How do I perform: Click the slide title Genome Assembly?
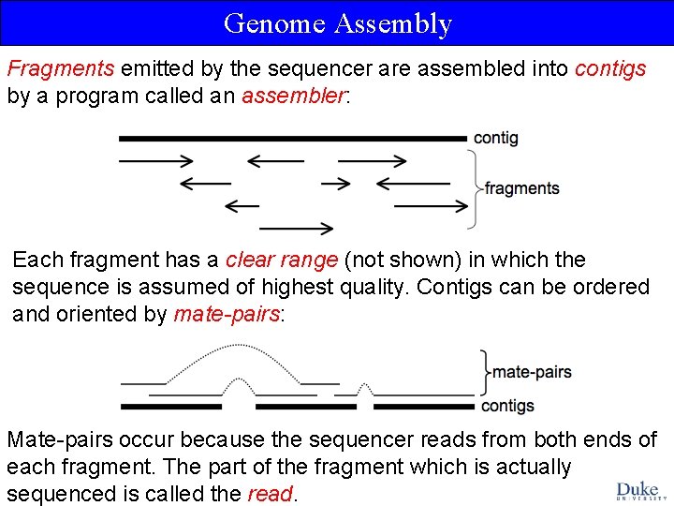coord(337,23)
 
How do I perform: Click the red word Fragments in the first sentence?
coord(60,68)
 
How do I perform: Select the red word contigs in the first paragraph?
coord(609,68)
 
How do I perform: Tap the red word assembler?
coord(293,96)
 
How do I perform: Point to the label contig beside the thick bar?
coord(495,138)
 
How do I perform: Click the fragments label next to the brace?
coord(522,188)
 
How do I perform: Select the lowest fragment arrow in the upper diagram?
coord(297,227)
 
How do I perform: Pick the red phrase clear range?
coord(283,260)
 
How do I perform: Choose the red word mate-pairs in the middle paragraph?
coord(226,314)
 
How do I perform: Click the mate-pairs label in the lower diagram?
coord(532,372)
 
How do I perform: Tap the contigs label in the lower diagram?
coord(507,406)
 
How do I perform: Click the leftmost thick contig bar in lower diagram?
coord(170,407)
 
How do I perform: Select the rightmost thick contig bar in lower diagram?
coord(423,407)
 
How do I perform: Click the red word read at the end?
coord(270,494)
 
